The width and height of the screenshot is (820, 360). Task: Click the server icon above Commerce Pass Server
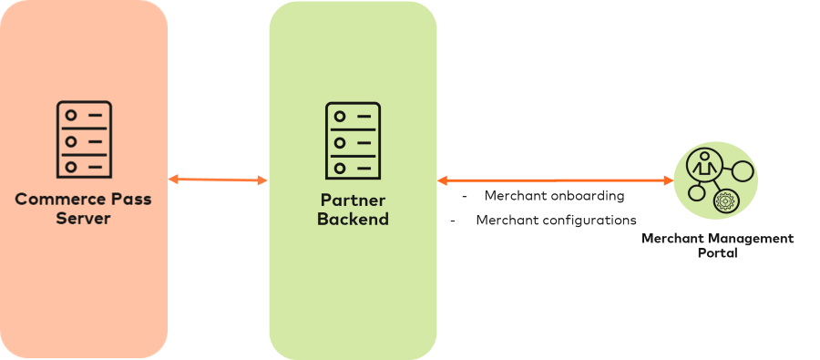point(84,139)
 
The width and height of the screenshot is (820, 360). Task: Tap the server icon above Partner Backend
point(353,141)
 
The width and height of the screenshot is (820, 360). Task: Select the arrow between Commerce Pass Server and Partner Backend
point(219,180)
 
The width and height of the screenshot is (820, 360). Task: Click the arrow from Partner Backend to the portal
point(556,180)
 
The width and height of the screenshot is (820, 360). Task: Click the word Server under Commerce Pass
point(84,219)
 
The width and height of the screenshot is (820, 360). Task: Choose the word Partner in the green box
point(353,201)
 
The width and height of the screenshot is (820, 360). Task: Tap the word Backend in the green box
point(353,220)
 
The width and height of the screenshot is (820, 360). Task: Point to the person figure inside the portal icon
point(703,165)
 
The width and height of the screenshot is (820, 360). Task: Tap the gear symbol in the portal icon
point(726,201)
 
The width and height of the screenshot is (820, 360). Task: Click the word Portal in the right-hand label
point(717,252)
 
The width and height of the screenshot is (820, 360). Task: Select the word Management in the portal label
point(742,239)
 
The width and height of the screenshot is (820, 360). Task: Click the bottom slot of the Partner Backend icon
point(353,168)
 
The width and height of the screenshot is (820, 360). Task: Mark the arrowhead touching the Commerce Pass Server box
point(173,180)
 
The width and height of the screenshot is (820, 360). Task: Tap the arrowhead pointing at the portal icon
point(670,180)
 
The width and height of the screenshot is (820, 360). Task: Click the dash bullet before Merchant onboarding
point(464,197)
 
